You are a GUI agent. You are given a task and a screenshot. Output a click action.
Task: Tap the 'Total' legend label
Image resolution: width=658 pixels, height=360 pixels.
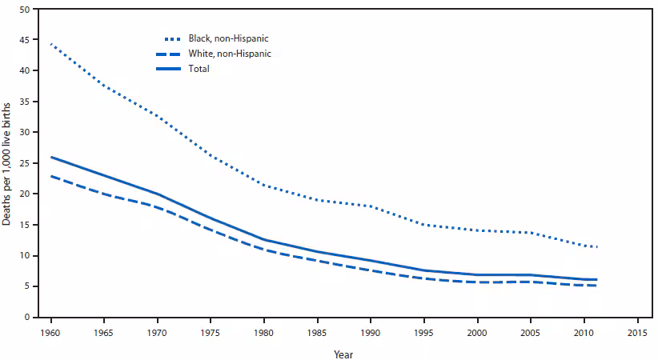tap(199, 69)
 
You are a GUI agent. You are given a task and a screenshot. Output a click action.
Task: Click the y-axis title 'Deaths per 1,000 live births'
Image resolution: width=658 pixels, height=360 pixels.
tap(7, 163)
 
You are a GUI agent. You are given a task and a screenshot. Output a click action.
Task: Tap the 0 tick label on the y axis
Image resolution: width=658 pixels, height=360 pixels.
tap(26, 318)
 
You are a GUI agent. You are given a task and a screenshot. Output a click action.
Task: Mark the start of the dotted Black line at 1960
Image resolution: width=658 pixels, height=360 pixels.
tap(50, 44)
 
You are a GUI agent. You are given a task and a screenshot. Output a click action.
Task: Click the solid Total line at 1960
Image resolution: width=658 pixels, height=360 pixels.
tap(50, 157)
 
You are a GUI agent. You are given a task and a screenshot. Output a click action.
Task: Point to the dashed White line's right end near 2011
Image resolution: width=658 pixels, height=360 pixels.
tap(596, 286)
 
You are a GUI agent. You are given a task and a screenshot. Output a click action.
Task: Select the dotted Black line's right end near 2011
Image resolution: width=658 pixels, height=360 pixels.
tap(596, 246)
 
